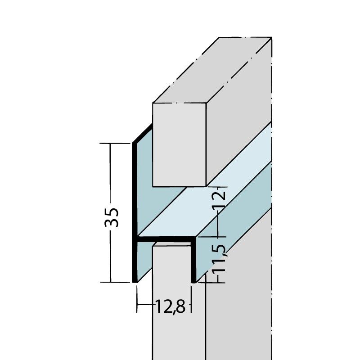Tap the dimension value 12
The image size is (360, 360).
(219, 198)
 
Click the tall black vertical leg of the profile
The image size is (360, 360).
(134, 211)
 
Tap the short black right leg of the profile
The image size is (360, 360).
(195, 261)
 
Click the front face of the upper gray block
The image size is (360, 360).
(179, 144)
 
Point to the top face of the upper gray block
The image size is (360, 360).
(211, 72)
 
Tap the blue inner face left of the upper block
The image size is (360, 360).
(144, 189)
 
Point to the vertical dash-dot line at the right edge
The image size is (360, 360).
(273, 225)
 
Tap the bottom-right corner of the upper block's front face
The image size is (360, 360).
(205, 186)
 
